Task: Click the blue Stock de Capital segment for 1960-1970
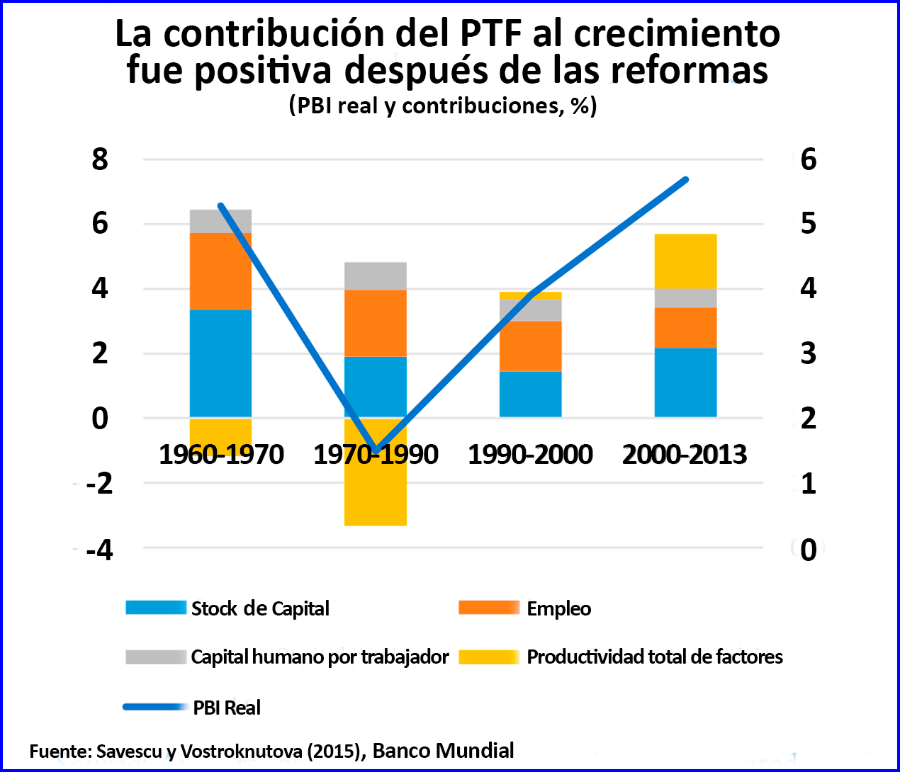220,363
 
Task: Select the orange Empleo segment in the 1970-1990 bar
375,323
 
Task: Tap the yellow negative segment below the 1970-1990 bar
375,496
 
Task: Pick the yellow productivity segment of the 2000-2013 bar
685,261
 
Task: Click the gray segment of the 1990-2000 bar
530,310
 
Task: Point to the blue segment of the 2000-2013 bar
685,382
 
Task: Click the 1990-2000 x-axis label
530,455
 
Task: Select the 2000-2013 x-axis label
685,455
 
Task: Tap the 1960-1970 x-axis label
221,455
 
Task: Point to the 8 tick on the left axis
100,159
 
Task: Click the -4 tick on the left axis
99,550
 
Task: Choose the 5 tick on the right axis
808,224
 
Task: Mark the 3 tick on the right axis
808,353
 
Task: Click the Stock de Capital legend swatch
156,608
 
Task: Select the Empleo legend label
558,608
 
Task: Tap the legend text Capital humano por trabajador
320,657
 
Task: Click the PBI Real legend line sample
155,707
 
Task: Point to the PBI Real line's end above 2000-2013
686,180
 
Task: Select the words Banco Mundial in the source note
443,751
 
